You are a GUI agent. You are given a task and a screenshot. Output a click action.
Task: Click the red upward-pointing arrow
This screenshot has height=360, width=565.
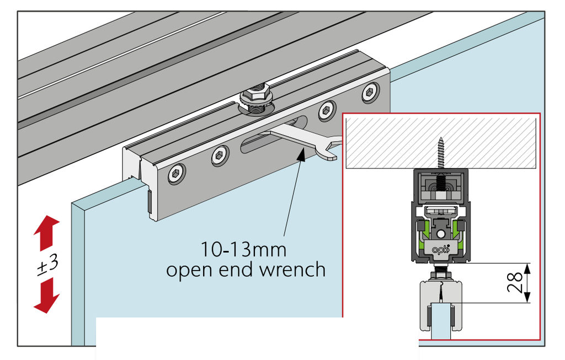pyautogui.click(x=47, y=233)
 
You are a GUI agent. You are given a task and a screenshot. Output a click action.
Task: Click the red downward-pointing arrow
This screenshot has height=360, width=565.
pyautogui.click(x=47, y=295)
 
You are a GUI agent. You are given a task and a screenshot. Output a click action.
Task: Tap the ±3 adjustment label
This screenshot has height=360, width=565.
pyautogui.click(x=47, y=265)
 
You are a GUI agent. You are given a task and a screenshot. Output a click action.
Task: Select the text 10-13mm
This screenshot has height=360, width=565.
pyautogui.click(x=243, y=250)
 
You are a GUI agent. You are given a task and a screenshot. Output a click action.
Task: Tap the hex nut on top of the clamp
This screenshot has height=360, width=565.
pyautogui.click(x=255, y=95)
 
